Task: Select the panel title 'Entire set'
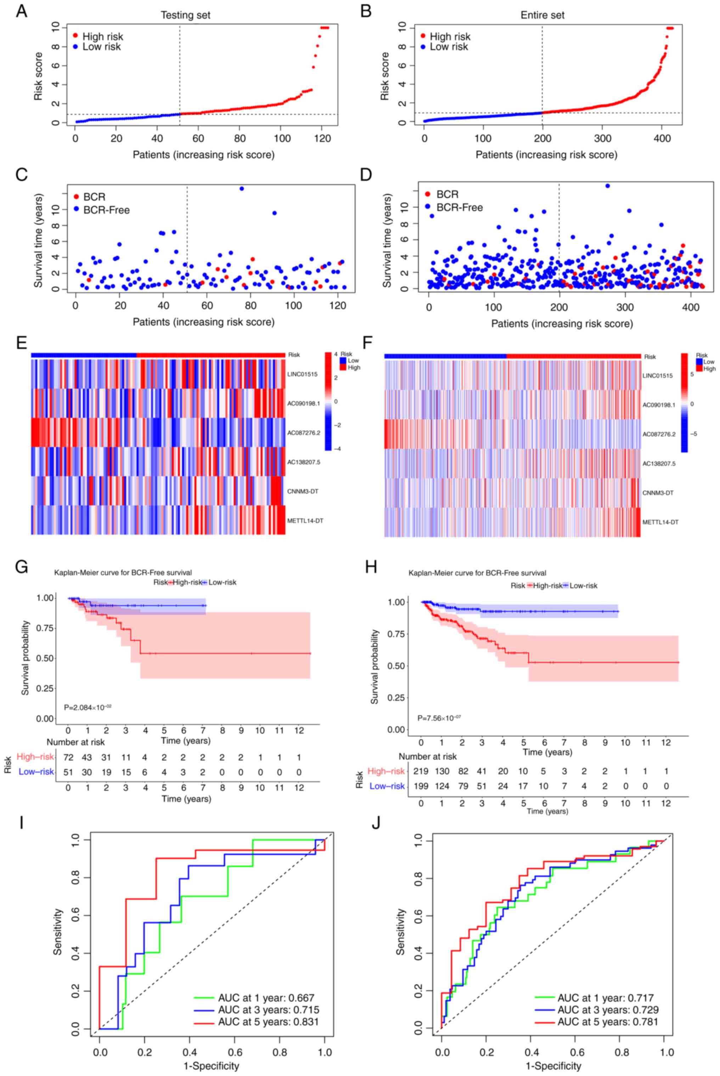(x=542, y=15)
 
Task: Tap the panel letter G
(x=22, y=567)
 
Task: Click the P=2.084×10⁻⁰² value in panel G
(x=87, y=707)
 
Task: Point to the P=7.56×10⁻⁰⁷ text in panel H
(x=439, y=718)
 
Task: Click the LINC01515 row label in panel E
(x=302, y=374)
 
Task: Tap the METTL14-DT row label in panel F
(x=660, y=522)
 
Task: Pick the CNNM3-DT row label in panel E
(x=303, y=491)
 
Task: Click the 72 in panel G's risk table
(x=68, y=757)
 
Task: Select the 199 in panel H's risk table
(x=421, y=786)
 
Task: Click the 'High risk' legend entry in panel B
(x=450, y=36)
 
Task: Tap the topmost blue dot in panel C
(x=242, y=188)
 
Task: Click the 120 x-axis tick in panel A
(x=323, y=138)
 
